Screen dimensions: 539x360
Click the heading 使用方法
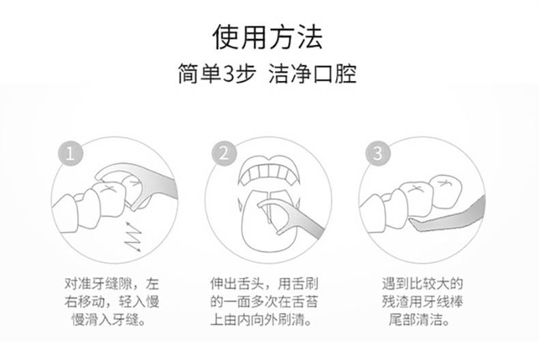click(x=267, y=37)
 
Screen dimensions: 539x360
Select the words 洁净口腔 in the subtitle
click(x=312, y=74)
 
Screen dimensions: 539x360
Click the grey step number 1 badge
click(x=70, y=153)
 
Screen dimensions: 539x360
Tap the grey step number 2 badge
click(x=224, y=153)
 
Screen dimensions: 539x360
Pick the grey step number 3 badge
click(x=378, y=153)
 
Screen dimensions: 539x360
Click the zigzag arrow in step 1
click(x=134, y=237)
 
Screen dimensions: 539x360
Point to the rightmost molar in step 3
click(x=446, y=192)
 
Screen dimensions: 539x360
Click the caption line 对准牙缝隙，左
click(x=112, y=284)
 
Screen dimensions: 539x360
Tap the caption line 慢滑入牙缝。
click(x=109, y=320)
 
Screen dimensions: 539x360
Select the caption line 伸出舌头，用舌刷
click(x=264, y=284)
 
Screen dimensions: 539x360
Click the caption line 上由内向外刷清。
click(x=261, y=320)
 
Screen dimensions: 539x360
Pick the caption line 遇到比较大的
click(x=422, y=284)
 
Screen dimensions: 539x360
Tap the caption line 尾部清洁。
click(x=420, y=320)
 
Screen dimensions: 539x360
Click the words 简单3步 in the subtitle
click(x=217, y=74)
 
